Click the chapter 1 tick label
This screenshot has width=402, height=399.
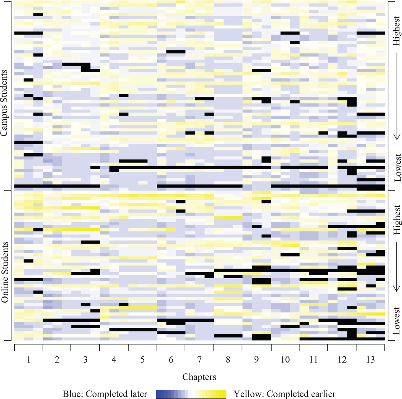[x=28, y=360]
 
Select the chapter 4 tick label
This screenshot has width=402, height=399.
[x=114, y=360]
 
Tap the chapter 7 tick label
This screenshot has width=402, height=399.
[x=199, y=360]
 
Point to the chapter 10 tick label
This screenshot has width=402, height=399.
[x=285, y=360]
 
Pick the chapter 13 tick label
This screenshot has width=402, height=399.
[x=370, y=360]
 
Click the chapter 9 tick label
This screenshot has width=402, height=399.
[x=256, y=360]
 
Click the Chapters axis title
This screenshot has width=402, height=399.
[x=199, y=377]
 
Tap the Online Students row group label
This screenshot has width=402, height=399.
[x=5, y=272]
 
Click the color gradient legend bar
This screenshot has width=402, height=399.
[x=191, y=394]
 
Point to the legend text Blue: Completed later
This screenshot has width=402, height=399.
[x=105, y=394]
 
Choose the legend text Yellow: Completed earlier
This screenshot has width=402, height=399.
[x=284, y=394]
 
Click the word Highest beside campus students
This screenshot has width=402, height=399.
[x=397, y=31]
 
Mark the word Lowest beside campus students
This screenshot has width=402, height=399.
[x=397, y=167]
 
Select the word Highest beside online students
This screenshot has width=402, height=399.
[x=397, y=220]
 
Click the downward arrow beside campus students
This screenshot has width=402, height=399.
[x=397, y=96]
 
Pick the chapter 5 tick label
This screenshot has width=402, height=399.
[x=142, y=360]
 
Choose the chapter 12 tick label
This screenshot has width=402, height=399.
[x=342, y=360]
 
